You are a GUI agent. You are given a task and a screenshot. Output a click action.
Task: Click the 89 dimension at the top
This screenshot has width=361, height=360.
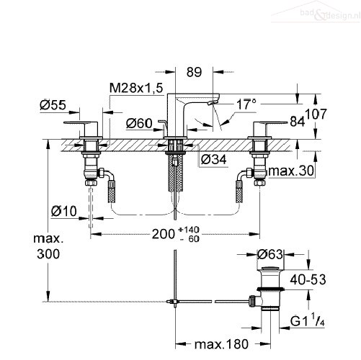(x=194, y=72)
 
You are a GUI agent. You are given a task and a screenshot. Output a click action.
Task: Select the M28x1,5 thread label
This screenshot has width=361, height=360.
(x=136, y=88)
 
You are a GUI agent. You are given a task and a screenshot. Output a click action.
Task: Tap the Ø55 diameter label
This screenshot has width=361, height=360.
(x=53, y=105)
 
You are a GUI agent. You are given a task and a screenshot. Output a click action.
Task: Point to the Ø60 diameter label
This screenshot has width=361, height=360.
(x=139, y=123)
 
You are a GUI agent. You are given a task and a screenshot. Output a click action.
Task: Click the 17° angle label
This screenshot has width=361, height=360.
(x=246, y=104)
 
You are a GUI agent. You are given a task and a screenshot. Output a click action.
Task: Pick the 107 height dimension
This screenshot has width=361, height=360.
(x=316, y=114)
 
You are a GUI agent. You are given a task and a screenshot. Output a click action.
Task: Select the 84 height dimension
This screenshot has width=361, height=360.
(x=297, y=122)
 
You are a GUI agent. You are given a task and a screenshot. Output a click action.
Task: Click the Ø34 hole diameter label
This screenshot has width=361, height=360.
(x=213, y=159)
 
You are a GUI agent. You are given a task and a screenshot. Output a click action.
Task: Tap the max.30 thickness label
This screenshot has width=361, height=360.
(x=291, y=171)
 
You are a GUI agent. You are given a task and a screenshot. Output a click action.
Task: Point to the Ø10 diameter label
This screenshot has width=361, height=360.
(x=64, y=211)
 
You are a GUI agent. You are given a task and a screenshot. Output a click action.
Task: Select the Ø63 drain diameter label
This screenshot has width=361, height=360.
(x=270, y=254)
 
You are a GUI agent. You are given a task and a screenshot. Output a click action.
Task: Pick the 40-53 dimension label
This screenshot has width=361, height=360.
(x=308, y=279)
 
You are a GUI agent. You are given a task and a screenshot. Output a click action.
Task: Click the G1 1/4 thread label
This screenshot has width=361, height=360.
(x=308, y=320)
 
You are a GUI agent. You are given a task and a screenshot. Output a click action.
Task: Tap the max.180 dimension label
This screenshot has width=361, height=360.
(x=221, y=344)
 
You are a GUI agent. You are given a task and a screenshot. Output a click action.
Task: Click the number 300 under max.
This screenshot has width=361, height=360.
(x=48, y=254)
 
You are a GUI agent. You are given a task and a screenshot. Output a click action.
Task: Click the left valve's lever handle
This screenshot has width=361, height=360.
(x=81, y=123)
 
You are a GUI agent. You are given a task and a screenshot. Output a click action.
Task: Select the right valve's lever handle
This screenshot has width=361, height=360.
(x=270, y=123)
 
